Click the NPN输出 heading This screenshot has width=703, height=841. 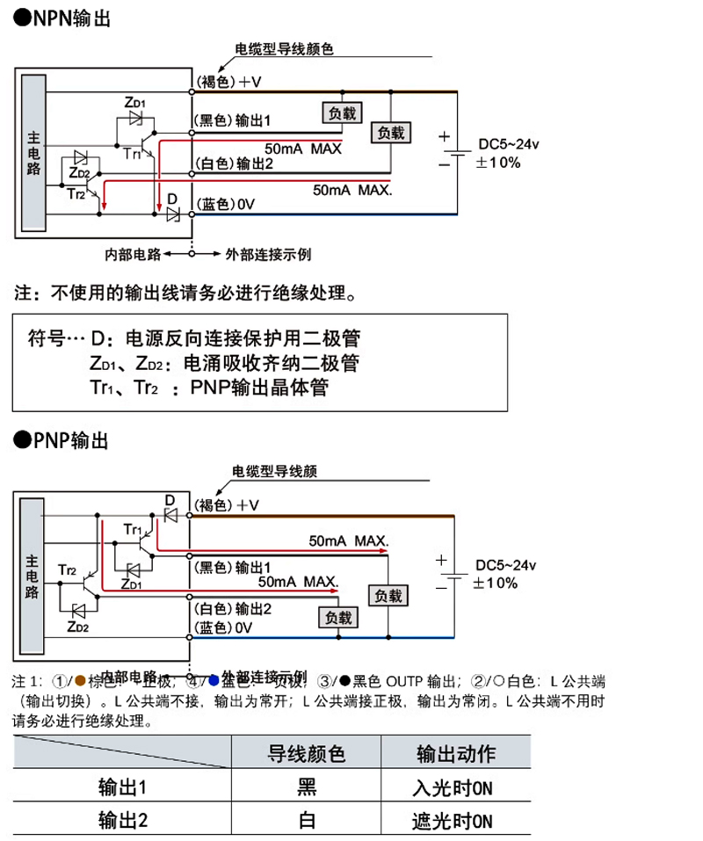(x=62, y=18)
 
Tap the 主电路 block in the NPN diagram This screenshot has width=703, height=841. (x=33, y=154)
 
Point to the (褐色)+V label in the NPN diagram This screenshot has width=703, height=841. (x=227, y=83)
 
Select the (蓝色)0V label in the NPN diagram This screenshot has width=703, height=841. (x=224, y=204)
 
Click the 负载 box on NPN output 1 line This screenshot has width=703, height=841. (x=342, y=112)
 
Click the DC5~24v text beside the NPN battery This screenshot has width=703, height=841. (x=511, y=144)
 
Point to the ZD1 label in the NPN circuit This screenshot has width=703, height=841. (x=135, y=103)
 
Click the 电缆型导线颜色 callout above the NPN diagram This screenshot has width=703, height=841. (x=284, y=50)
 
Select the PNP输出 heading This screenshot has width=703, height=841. (x=62, y=440)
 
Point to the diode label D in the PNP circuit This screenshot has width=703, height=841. (x=170, y=500)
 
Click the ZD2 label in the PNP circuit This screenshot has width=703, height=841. (x=77, y=627)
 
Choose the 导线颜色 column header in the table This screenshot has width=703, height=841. (x=306, y=754)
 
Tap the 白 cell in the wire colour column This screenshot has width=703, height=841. (x=307, y=822)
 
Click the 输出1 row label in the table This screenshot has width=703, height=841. (x=122, y=787)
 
